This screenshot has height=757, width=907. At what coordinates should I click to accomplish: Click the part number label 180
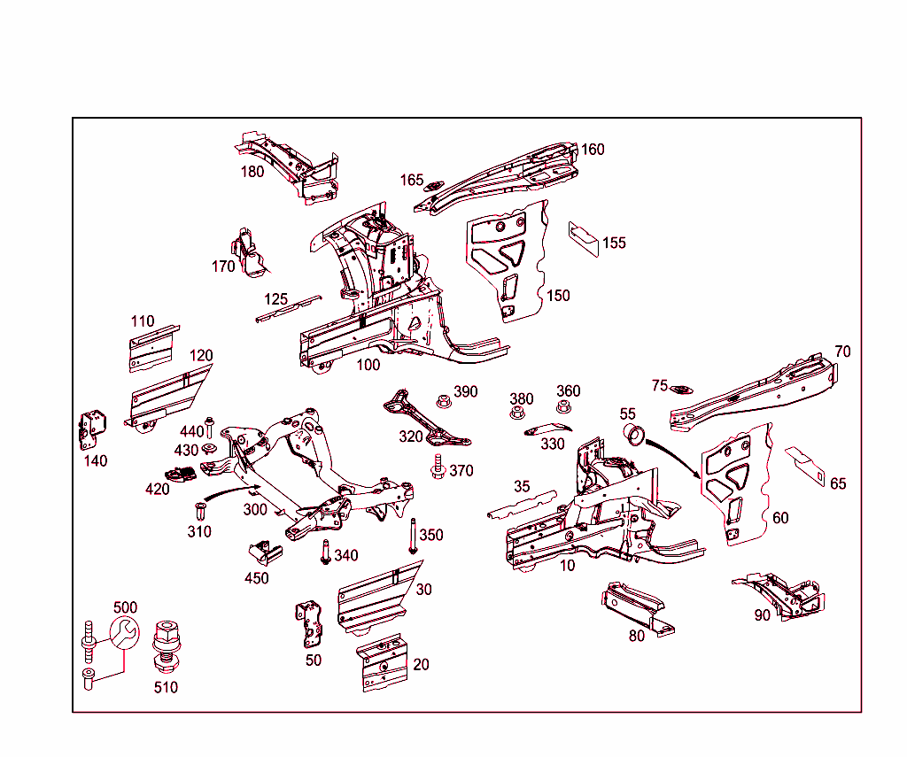pyautogui.click(x=252, y=171)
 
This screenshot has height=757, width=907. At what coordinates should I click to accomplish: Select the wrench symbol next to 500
pyautogui.click(x=123, y=633)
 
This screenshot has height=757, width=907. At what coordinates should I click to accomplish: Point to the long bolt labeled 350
pyautogui.click(x=413, y=537)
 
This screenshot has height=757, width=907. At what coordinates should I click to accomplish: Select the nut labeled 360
pyautogui.click(x=562, y=407)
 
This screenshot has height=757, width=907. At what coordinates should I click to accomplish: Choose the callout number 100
pyautogui.click(x=368, y=364)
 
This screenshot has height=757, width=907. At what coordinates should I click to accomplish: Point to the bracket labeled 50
pyautogui.click(x=307, y=625)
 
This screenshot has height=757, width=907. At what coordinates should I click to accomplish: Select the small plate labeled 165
pyautogui.click(x=434, y=186)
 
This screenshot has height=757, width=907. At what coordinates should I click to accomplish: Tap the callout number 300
pyautogui.click(x=255, y=510)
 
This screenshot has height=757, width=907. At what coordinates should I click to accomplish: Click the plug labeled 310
pyautogui.click(x=199, y=512)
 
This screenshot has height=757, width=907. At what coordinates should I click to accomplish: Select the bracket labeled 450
pyautogui.click(x=264, y=552)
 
